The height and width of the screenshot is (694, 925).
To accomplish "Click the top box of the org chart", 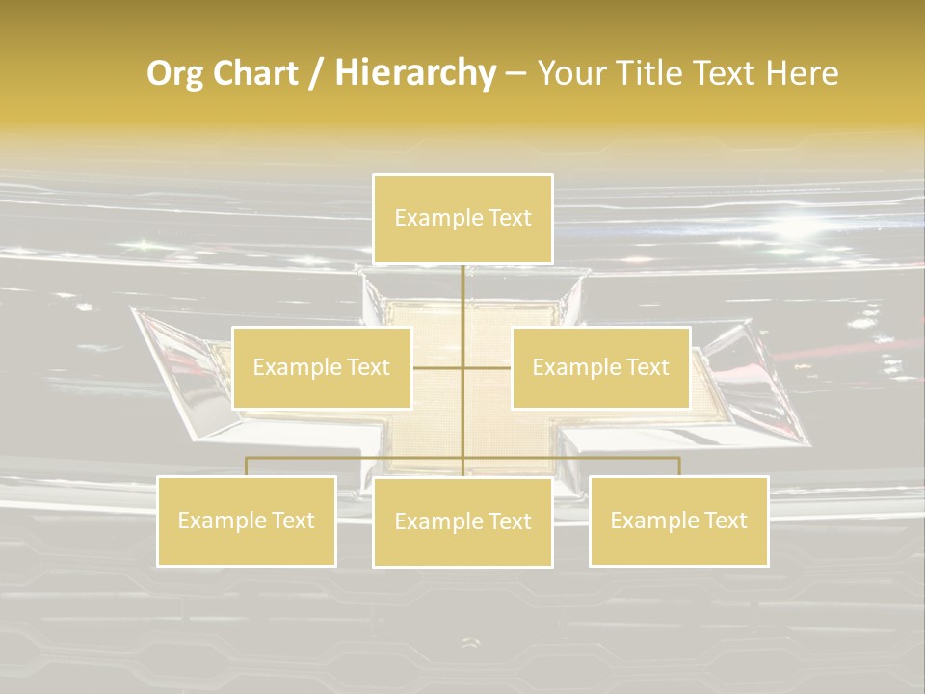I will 462,219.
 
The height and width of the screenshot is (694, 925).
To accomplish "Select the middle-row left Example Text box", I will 322,367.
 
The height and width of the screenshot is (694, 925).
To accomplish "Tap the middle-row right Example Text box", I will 600,367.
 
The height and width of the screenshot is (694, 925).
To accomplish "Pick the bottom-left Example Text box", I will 247,520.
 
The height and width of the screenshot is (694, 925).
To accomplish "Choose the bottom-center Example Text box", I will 462,521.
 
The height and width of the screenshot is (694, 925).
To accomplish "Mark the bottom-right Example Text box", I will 678,520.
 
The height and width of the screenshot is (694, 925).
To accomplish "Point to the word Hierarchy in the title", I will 415,73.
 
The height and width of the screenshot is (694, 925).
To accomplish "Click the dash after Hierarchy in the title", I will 515,73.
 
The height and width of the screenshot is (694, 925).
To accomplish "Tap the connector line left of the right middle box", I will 488,367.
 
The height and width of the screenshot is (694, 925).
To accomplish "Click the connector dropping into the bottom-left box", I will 247,467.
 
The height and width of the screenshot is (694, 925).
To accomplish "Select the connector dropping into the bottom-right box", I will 678,467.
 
